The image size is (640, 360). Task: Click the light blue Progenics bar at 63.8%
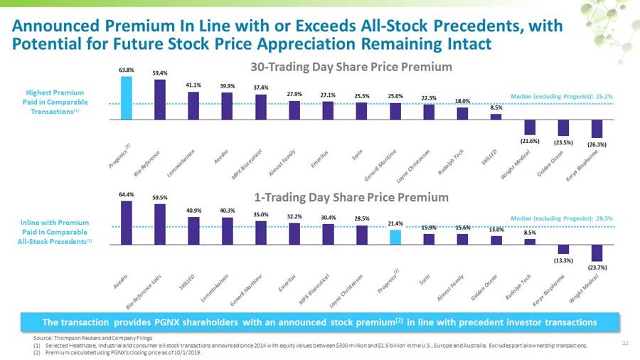point(126,97)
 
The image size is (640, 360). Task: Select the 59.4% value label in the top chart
point(159,73)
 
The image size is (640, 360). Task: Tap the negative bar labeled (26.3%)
point(597,129)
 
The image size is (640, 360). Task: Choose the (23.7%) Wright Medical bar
point(597,253)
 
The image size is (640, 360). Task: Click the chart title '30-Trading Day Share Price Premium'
point(351,67)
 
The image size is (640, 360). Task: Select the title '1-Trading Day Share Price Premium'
point(351,196)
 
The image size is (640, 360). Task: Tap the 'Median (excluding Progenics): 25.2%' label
point(562,96)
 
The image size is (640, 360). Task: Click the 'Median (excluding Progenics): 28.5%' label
point(562,218)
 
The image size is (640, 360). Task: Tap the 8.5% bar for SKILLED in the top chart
point(496,116)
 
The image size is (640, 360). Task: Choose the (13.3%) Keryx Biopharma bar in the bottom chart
point(563,249)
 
